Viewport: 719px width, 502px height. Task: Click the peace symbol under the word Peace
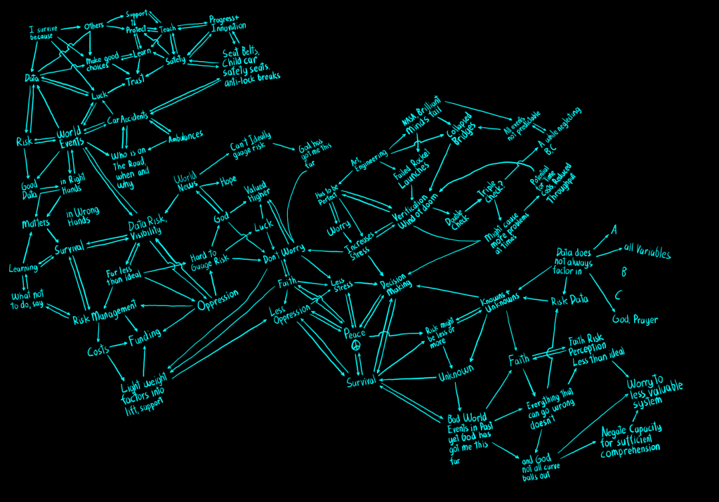[x=355, y=347]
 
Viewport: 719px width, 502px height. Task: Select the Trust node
[x=134, y=83]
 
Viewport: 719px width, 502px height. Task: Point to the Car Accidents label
[x=127, y=121]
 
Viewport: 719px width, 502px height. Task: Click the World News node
[x=186, y=183]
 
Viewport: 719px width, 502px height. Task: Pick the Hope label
[x=228, y=180]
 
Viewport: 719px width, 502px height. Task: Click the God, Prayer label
[x=635, y=319]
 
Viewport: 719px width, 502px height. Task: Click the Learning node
[x=23, y=268]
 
